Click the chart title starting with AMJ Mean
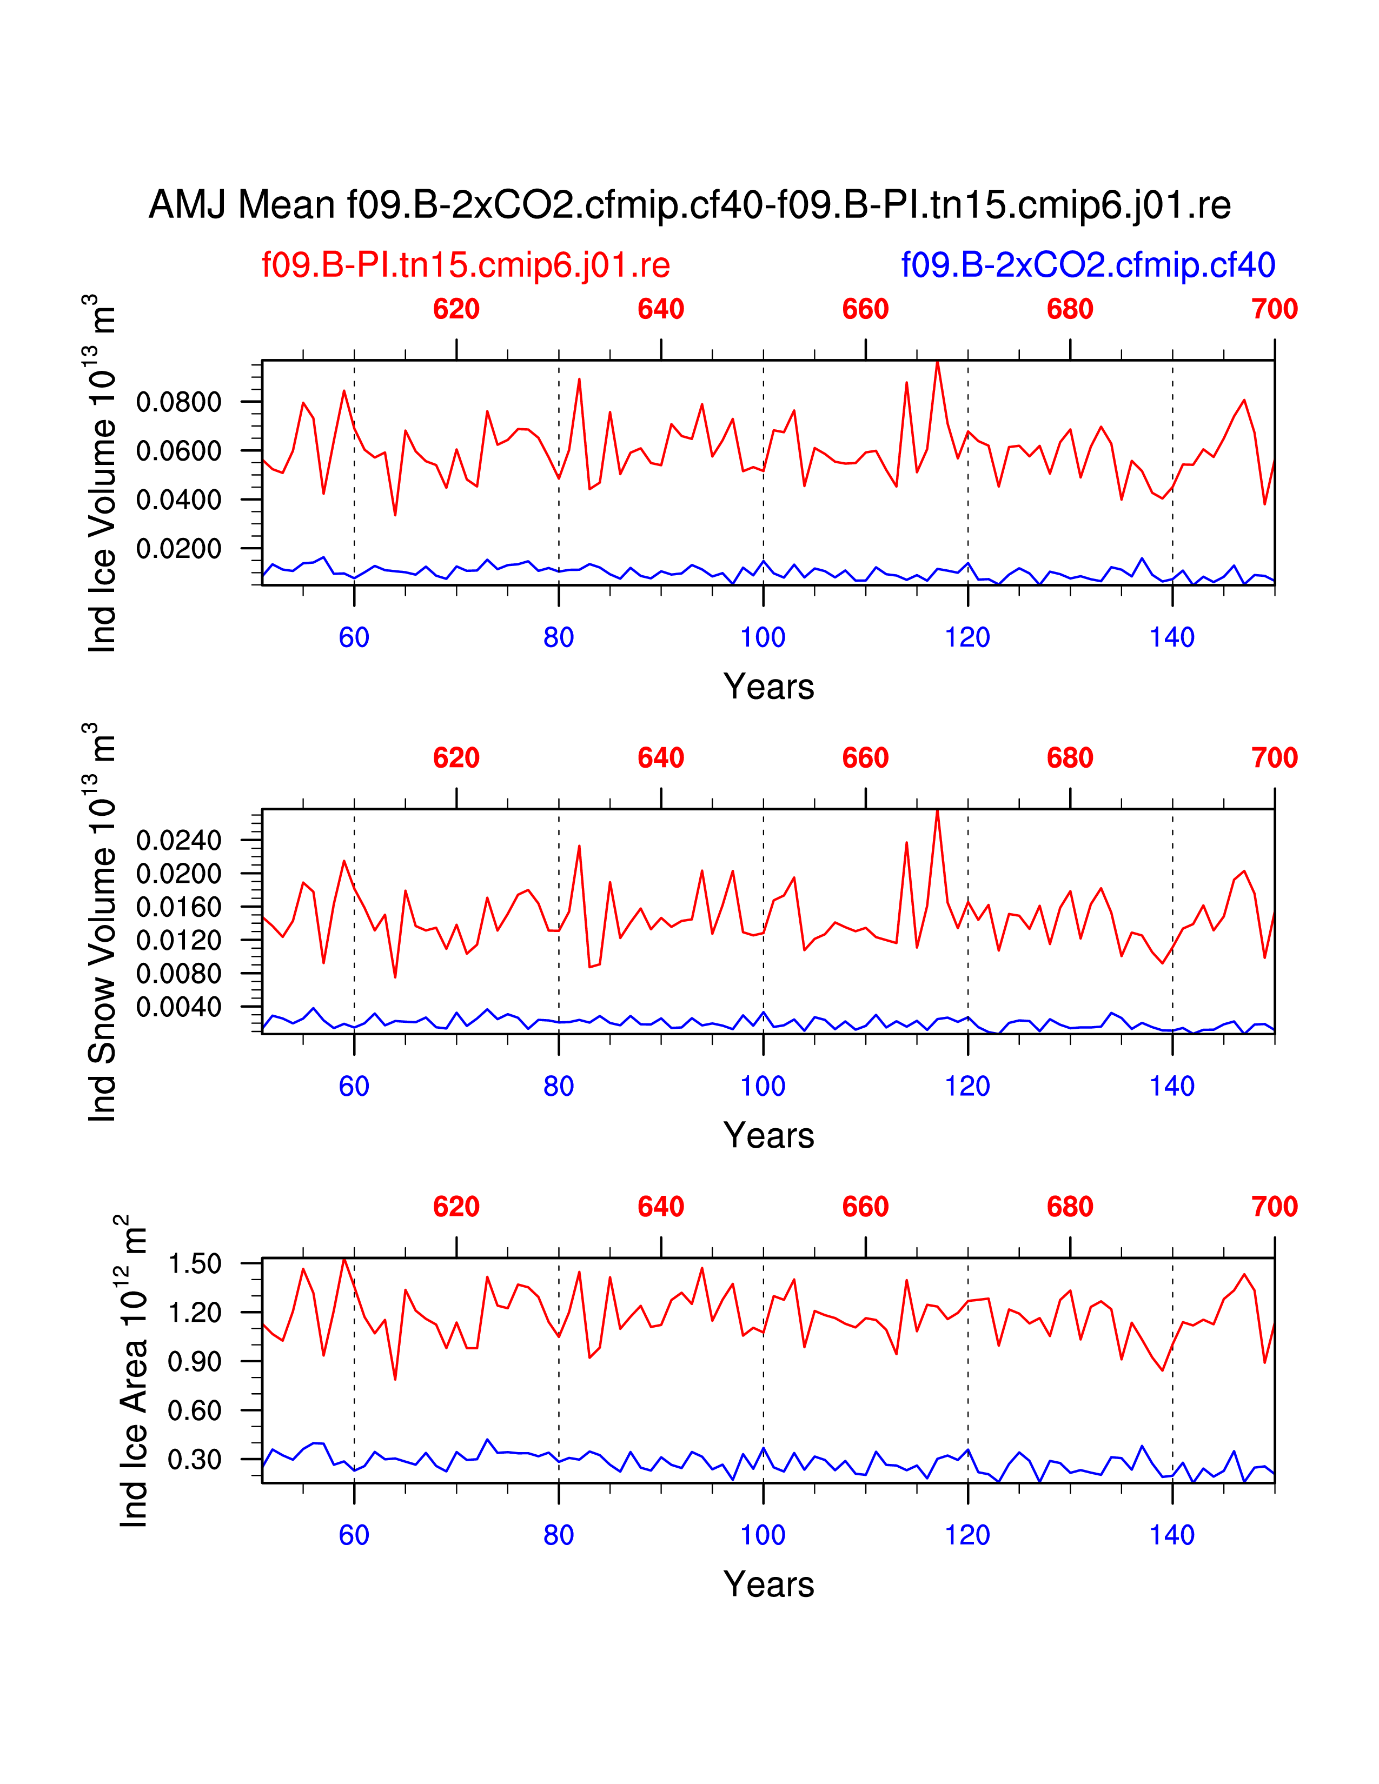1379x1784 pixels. click(688, 204)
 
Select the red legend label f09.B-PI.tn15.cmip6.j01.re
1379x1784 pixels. click(466, 265)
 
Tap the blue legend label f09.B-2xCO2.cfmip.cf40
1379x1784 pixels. click(1088, 265)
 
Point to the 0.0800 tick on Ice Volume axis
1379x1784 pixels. click(178, 402)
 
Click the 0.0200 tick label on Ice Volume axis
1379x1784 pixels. click(178, 549)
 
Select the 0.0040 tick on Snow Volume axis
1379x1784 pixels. click(178, 1007)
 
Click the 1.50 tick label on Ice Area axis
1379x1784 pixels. click(195, 1264)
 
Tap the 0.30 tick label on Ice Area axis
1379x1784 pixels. click(195, 1459)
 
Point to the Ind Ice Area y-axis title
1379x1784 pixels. click(132, 1372)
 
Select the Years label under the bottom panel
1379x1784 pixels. click(768, 1585)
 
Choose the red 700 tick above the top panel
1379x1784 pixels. click(1274, 310)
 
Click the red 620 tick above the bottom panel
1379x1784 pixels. click(456, 1207)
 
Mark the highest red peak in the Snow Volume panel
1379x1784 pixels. click(937, 810)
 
